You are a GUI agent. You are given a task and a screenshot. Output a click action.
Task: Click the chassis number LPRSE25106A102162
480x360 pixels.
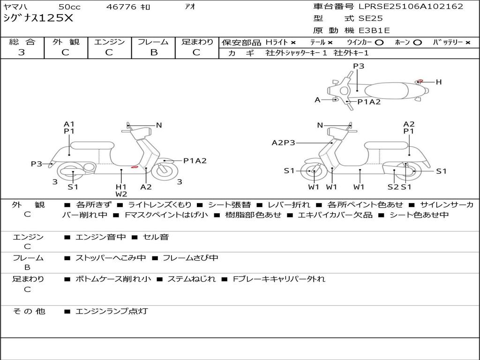pos(411,7)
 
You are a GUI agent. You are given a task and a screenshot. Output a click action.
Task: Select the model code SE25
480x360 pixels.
pos(370,18)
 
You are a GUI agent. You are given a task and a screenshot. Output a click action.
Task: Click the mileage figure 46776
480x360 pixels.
pos(121,7)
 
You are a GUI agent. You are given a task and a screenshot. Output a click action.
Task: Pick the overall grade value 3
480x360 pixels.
pos(22,52)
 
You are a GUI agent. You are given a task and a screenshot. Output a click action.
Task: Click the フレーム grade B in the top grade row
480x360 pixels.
pos(154,52)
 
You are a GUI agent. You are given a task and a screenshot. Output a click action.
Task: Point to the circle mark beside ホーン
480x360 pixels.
pos(417,43)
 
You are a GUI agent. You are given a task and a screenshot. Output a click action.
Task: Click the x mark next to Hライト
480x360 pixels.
pos(293,43)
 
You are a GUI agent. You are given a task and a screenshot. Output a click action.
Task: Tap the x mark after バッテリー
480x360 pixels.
pos(468,43)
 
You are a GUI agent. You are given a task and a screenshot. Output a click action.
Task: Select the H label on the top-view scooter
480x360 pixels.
pos(439,82)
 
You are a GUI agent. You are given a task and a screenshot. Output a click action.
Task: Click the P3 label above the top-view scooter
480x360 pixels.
pos(359,66)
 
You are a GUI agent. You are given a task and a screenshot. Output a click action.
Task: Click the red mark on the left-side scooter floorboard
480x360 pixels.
pos(135,167)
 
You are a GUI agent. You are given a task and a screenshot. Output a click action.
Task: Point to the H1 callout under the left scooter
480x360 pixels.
pos(121,187)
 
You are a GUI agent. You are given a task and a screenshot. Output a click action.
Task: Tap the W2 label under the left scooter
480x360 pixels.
pos(121,194)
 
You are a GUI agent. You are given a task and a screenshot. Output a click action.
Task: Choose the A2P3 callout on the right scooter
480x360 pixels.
pos(284,142)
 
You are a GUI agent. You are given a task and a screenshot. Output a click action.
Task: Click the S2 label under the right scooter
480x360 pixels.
pos(393,187)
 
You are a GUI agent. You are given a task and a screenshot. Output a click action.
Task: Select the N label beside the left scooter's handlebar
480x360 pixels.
pos(159,125)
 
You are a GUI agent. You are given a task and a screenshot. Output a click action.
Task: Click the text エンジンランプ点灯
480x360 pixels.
pos(112,311)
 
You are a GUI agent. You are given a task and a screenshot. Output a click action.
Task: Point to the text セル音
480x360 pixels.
pos(156,237)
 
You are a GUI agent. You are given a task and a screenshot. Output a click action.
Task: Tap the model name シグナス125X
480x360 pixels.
pos(38,18)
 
